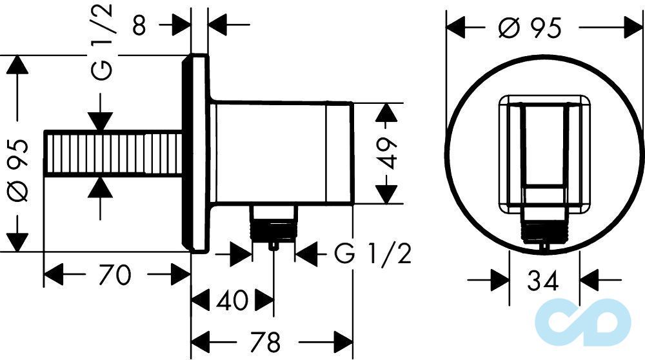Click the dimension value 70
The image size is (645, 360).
tap(116, 275)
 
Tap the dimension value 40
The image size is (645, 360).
tap(232, 300)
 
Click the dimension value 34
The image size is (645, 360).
tap(543, 281)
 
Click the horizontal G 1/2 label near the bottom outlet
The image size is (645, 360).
tap(372, 255)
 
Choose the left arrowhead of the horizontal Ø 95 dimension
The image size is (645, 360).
tap(459, 28)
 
